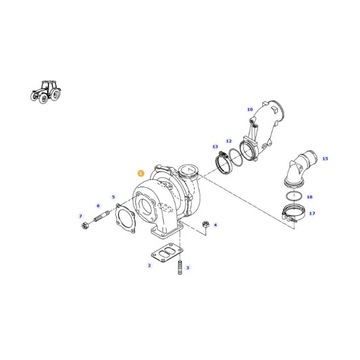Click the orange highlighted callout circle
tap(142, 172)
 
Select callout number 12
tap(228, 141)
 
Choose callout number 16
tap(310, 197)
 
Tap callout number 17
tap(312, 214)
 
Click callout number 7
tap(80, 215)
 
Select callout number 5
tap(113, 198)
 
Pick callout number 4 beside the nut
tap(216, 227)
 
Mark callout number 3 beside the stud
tap(149, 267)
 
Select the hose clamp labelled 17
tap(289, 212)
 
